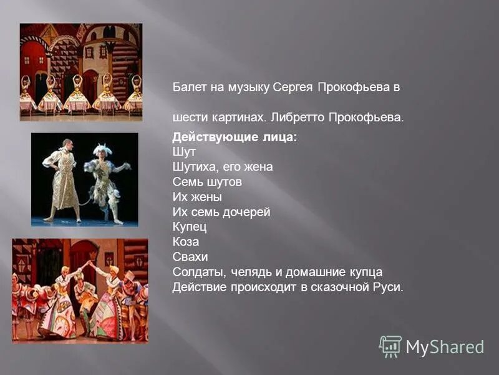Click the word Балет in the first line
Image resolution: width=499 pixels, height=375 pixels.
point(187,88)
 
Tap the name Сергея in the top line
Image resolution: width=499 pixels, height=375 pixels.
point(292,88)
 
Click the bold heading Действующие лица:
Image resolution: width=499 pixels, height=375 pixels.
point(235,137)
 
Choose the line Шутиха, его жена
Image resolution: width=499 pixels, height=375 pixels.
point(223,167)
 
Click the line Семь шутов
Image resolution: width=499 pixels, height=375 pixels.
point(207,182)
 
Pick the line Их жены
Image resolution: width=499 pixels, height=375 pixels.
point(196,197)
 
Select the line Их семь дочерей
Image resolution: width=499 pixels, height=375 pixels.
point(221,212)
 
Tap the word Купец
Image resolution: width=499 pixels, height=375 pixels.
point(190,227)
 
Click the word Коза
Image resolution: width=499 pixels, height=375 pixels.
point(186,242)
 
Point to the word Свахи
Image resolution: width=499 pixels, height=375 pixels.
point(190,257)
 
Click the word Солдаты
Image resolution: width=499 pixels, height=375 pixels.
point(198,272)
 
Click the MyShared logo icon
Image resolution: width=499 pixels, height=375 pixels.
point(390,346)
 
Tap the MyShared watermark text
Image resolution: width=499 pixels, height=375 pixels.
point(445,347)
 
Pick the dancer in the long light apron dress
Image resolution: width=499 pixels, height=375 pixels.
point(64,178)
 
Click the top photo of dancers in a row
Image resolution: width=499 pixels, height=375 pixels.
point(81,72)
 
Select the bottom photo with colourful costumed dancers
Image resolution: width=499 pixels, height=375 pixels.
point(80,290)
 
